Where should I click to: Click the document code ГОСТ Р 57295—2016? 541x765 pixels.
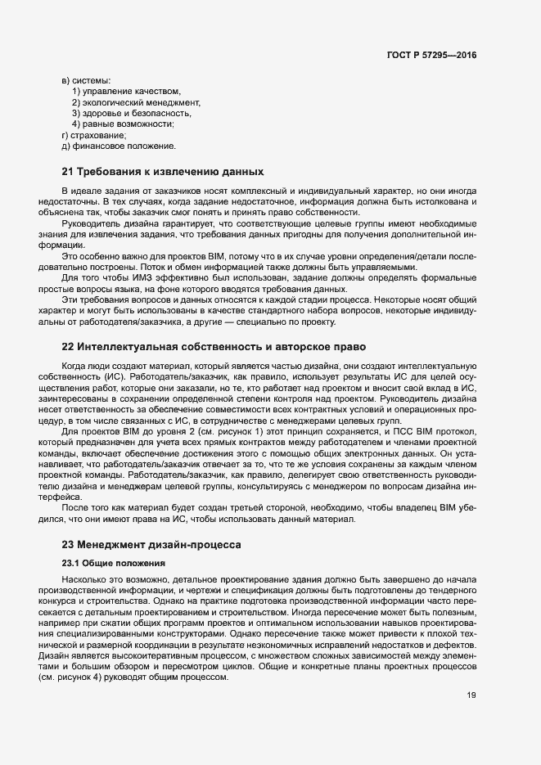coord(431,56)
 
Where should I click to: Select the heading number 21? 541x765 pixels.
coord(68,172)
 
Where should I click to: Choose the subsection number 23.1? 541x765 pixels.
coord(70,563)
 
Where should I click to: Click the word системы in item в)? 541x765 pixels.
coord(91,79)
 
